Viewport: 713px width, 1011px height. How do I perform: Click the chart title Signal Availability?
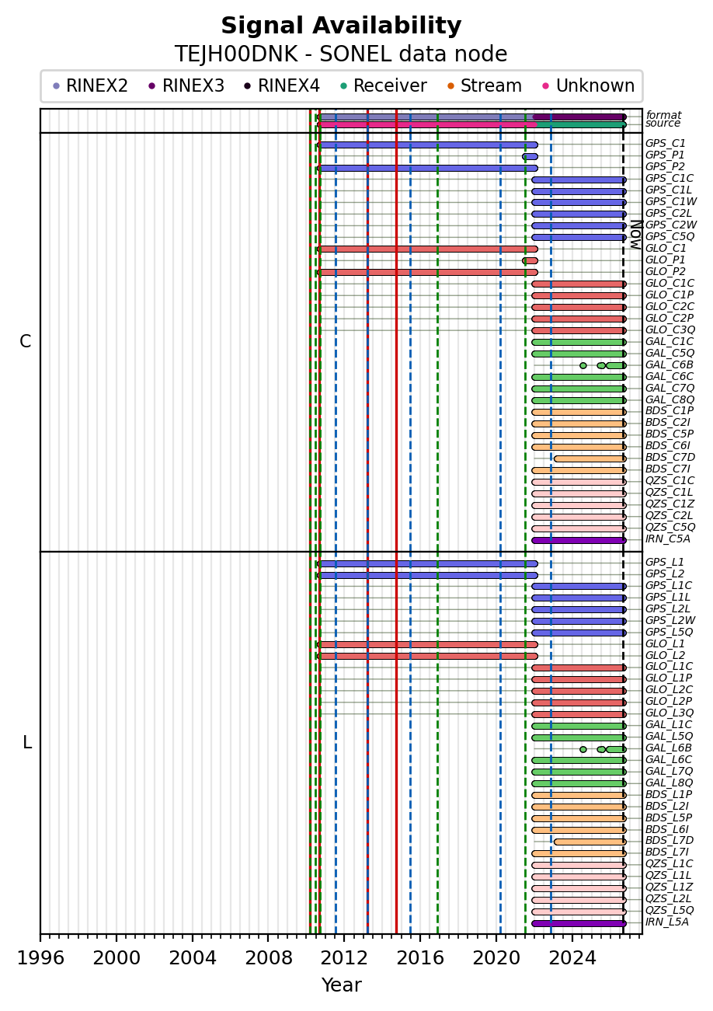point(341,26)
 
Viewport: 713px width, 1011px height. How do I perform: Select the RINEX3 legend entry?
point(186,85)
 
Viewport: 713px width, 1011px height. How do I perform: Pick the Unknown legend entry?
point(589,85)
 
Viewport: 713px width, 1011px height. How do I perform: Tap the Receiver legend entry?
point(384,85)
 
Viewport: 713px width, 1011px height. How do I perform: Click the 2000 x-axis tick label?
point(117,957)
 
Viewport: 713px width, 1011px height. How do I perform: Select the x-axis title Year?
point(342,985)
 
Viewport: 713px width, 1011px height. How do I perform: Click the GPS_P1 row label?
point(665,155)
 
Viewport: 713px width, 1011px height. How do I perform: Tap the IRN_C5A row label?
point(667,539)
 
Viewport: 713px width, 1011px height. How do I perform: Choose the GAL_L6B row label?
point(669,748)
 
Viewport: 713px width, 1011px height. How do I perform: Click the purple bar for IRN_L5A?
point(579,923)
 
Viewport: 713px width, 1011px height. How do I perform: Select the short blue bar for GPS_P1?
point(530,157)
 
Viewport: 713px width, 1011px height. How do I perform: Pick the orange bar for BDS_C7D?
point(590,459)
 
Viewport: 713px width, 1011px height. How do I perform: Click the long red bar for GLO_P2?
point(427,273)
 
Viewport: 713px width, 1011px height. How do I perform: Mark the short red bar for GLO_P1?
point(530,261)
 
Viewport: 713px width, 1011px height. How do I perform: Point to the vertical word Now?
point(636,235)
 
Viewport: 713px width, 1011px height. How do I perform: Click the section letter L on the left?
point(27,742)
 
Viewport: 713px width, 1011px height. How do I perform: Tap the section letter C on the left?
point(26,342)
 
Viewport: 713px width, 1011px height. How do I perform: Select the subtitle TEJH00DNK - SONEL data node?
point(341,54)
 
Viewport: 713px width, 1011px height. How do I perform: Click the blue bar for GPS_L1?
point(427,563)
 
